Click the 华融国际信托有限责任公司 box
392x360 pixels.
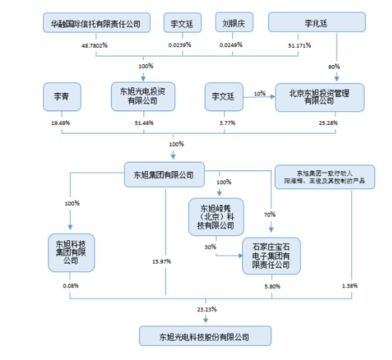(97, 23)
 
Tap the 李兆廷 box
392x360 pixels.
(317, 23)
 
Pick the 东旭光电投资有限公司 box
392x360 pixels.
(143, 96)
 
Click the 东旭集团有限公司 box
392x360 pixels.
(165, 175)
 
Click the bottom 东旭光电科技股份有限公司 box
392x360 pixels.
(204, 335)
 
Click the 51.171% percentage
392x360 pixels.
(300, 44)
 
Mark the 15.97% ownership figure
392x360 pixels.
(163, 262)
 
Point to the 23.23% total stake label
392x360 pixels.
(206, 309)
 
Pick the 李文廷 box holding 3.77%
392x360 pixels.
(223, 97)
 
